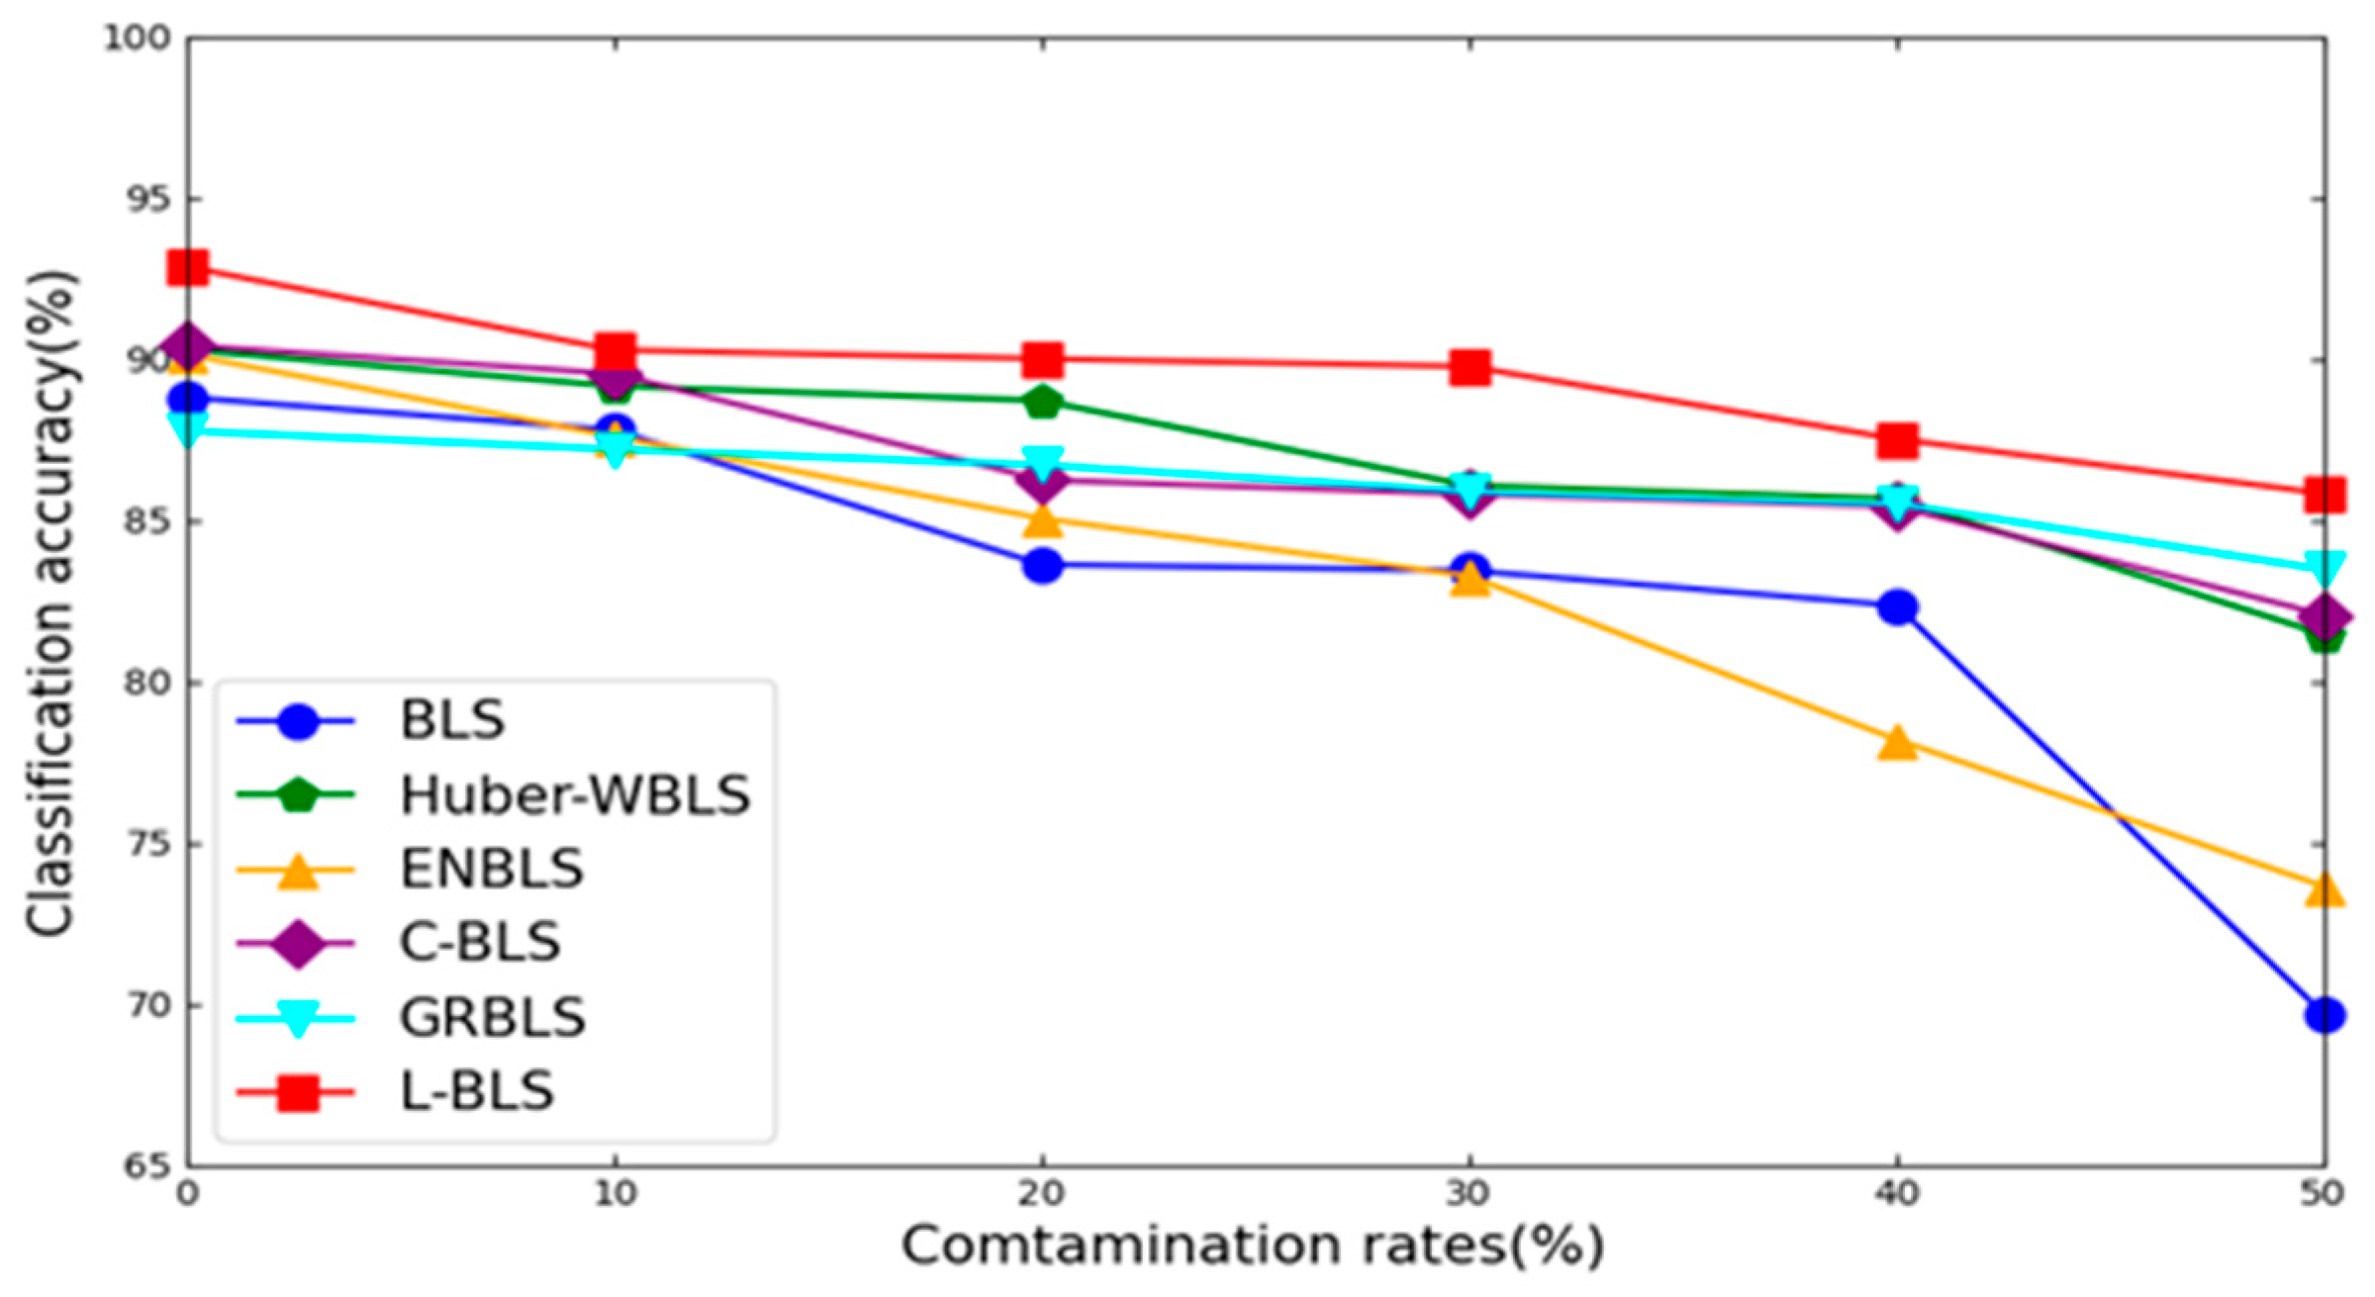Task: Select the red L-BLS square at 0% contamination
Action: [188, 267]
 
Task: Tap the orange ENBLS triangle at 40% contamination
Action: [1897, 742]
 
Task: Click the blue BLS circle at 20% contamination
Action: [1042, 566]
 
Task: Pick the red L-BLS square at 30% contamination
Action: [1470, 367]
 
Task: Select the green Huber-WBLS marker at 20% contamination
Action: [1042, 402]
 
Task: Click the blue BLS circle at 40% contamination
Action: [1897, 606]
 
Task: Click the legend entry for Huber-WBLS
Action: [575, 795]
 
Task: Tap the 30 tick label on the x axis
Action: [1469, 1193]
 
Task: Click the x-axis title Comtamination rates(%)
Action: [1252, 1246]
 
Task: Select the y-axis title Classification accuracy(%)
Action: [49, 603]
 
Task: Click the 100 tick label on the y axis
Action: [139, 38]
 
